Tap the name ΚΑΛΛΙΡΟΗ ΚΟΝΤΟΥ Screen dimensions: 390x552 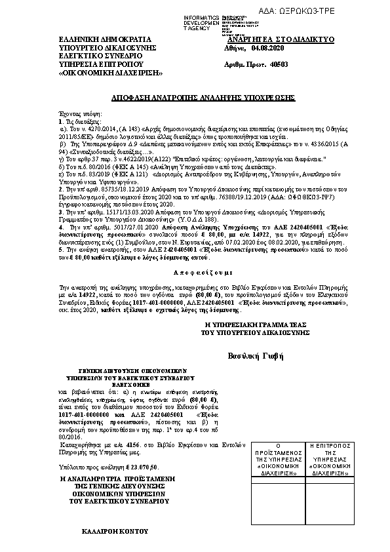tap(114, 528)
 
